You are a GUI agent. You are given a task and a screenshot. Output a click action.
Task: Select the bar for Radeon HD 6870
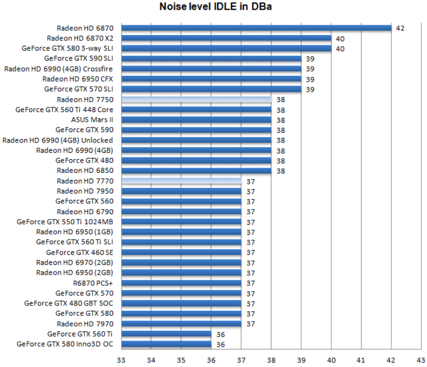pyautogui.click(x=256, y=28)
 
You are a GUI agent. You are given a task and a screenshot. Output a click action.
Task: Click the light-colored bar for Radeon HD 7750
pyautogui.click(x=196, y=99)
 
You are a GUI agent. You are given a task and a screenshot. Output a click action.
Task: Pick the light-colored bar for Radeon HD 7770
pyautogui.click(x=181, y=181)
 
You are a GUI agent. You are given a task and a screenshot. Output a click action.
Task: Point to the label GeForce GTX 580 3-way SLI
pyautogui.click(x=67, y=48)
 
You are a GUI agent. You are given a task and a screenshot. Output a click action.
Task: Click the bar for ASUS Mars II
pyautogui.click(x=196, y=120)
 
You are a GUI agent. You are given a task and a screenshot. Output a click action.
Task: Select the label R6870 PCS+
pyautogui.click(x=93, y=283)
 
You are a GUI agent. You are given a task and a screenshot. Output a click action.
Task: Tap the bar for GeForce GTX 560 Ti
pyautogui.click(x=166, y=334)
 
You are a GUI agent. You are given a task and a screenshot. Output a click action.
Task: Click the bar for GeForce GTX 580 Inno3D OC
pyautogui.click(x=166, y=345)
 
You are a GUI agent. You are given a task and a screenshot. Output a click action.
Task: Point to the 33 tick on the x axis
pyautogui.click(x=121, y=360)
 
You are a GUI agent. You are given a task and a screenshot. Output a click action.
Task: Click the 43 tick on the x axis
pyautogui.click(x=421, y=360)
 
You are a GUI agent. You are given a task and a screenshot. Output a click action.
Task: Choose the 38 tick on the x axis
pyautogui.click(x=271, y=360)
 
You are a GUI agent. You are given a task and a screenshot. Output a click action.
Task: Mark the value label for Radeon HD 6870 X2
pyautogui.click(x=340, y=38)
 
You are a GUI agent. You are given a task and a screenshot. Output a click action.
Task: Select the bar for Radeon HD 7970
pyautogui.click(x=181, y=324)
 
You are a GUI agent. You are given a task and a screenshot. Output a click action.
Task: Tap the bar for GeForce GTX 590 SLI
pyautogui.click(x=211, y=59)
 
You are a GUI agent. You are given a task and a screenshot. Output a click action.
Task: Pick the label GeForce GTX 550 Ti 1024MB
pyautogui.click(x=65, y=222)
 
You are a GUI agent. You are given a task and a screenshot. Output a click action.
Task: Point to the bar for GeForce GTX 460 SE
pyautogui.click(x=181, y=252)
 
